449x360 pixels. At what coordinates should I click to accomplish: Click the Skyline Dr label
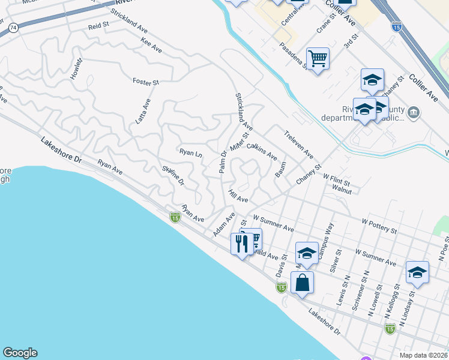pyautogui.click(x=172, y=176)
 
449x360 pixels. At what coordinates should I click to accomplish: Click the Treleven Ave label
pyautogui.click(x=299, y=145)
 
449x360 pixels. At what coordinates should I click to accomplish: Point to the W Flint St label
pyautogui.click(x=336, y=178)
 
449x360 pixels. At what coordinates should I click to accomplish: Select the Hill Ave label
pyautogui.click(x=238, y=196)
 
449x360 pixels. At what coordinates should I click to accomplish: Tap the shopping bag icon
pyautogui.click(x=303, y=281)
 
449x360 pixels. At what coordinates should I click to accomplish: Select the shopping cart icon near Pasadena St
pyautogui.click(x=318, y=58)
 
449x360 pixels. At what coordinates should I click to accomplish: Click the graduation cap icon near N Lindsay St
pyautogui.click(x=417, y=272)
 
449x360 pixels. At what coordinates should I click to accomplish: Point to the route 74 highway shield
pyautogui.click(x=14, y=28)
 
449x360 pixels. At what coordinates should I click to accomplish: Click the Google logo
pyautogui.click(x=20, y=353)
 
